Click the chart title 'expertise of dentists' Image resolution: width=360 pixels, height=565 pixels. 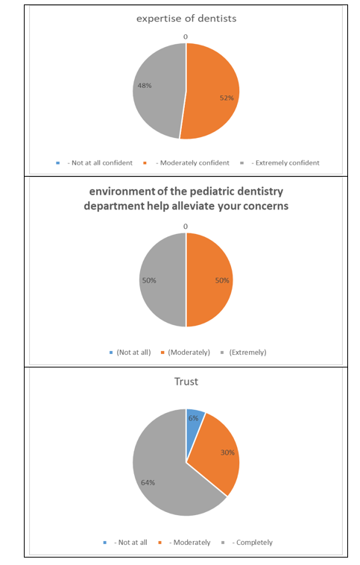186,19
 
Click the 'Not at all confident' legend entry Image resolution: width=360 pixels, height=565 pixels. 95,163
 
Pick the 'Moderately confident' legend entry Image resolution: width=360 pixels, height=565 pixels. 186,163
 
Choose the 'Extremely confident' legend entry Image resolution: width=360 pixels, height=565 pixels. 280,163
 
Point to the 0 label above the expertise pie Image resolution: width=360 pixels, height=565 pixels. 186,37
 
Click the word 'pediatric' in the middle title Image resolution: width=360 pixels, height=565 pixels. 210,192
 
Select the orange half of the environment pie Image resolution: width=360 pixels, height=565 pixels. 209,280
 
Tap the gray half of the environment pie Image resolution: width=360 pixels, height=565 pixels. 163,280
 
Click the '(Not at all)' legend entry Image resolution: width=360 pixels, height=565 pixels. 130,353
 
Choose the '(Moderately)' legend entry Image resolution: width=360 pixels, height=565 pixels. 186,353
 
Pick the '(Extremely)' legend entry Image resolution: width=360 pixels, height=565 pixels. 244,353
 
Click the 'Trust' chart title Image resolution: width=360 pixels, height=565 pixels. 186,382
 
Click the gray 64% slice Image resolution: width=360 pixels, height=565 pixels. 162,476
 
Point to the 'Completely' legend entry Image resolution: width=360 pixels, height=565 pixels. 247,543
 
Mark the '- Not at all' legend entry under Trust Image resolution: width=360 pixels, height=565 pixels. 125,543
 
